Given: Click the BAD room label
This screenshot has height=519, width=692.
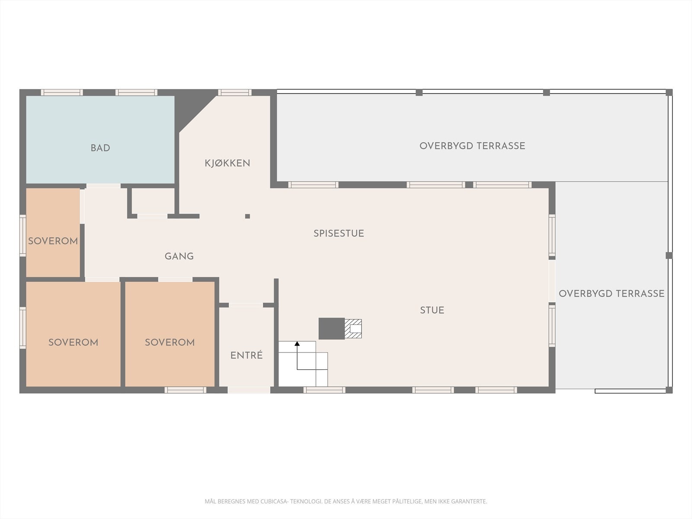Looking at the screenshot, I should [x=100, y=148].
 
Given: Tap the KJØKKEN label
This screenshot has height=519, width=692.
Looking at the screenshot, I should [x=227, y=163].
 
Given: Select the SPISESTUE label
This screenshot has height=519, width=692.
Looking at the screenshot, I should [x=339, y=234].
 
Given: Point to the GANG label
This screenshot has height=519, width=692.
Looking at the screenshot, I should [x=179, y=256].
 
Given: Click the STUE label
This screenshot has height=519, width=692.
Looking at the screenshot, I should [x=432, y=310].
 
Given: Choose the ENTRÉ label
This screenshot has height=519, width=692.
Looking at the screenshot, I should [x=247, y=356].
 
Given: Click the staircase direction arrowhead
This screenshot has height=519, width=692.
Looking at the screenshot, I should [x=297, y=344].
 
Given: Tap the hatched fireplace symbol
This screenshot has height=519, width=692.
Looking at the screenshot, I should [x=353, y=329].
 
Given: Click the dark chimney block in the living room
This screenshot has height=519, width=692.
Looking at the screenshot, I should [x=331, y=329].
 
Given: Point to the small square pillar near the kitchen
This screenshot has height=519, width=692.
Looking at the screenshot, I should [x=247, y=216].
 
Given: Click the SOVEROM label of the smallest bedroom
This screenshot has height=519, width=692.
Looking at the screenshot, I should [x=53, y=241].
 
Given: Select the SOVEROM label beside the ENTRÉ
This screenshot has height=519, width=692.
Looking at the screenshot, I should [x=170, y=343].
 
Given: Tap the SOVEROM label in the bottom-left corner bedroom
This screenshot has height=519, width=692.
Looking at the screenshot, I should [x=73, y=343].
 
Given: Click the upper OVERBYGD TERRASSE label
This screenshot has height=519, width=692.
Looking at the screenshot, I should [x=472, y=146].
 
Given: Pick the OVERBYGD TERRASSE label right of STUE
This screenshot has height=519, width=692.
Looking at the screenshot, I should [x=612, y=294].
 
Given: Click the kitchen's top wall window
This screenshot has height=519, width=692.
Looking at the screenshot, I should [x=234, y=92].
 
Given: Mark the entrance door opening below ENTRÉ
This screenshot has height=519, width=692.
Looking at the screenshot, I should [x=249, y=390].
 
